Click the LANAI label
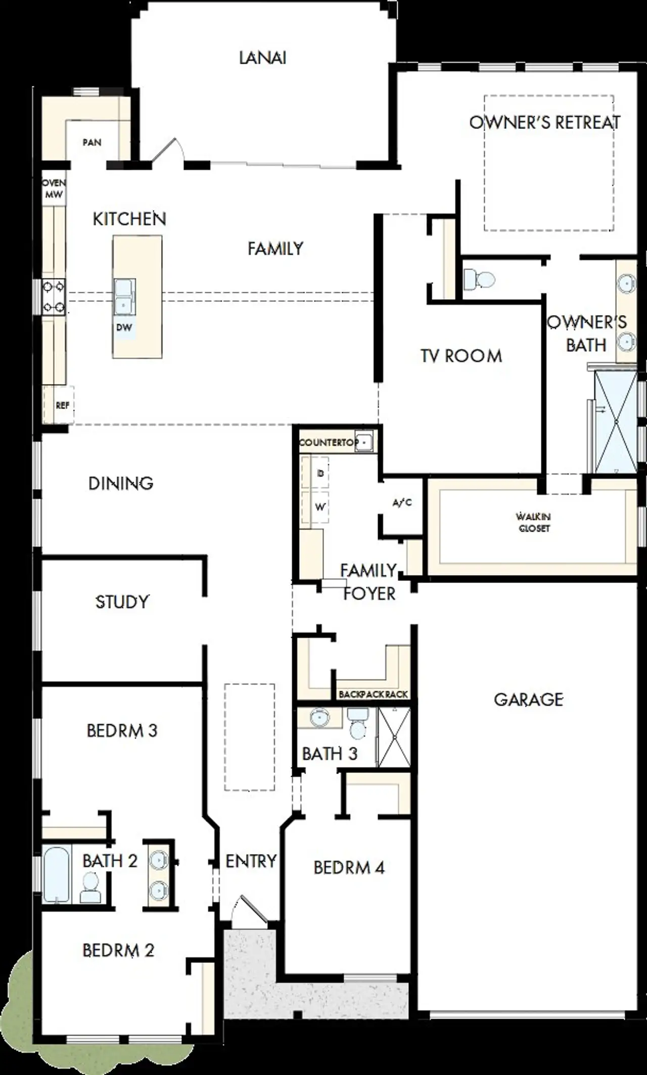pyautogui.click(x=262, y=58)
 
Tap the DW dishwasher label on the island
pyautogui.click(x=124, y=327)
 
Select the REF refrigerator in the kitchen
pyautogui.click(x=62, y=405)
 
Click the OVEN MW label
pyautogui.click(x=54, y=189)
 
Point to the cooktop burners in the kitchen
pyautogui.click(x=54, y=296)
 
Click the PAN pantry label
pyautogui.click(x=92, y=143)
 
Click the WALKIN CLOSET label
pyautogui.click(x=533, y=522)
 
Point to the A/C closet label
pyautogui.click(x=402, y=503)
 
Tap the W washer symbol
pyautogui.click(x=320, y=507)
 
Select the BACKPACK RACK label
pyautogui.click(x=373, y=694)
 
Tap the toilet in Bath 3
pyautogui.click(x=358, y=724)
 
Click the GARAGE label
pyautogui.click(x=528, y=699)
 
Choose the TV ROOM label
pyautogui.click(x=461, y=356)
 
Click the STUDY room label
pyautogui.click(x=122, y=602)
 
